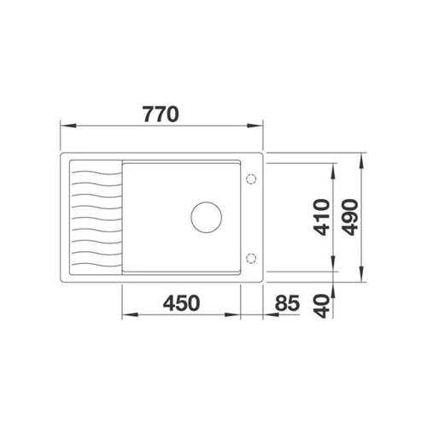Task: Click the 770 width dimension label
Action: [161, 114]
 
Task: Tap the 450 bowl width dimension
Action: [181, 303]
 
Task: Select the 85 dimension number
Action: [287, 303]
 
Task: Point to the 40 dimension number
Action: [322, 307]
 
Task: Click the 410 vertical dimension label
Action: [321, 218]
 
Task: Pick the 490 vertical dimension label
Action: [349, 218]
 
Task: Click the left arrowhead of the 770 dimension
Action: [68, 126]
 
